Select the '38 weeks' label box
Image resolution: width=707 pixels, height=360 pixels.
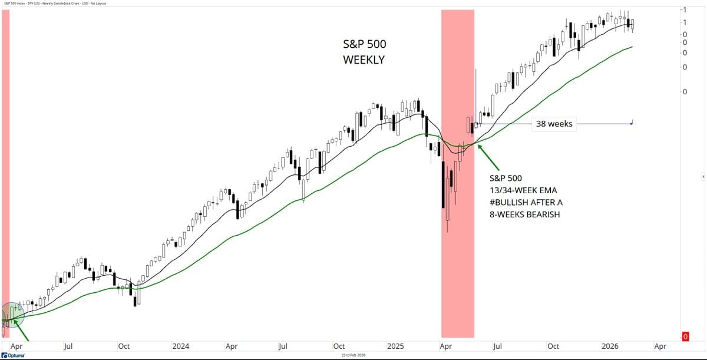coord(554,124)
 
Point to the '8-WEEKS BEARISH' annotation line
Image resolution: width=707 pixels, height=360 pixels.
coord(524,214)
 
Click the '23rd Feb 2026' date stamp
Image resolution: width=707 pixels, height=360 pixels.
coord(353,355)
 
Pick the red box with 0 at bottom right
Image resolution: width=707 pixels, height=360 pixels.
coord(685,336)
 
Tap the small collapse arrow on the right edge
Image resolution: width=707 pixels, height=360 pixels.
coord(703,177)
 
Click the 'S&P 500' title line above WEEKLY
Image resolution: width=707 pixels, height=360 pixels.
coord(365,44)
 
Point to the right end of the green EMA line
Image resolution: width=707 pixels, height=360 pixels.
coord(632,47)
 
